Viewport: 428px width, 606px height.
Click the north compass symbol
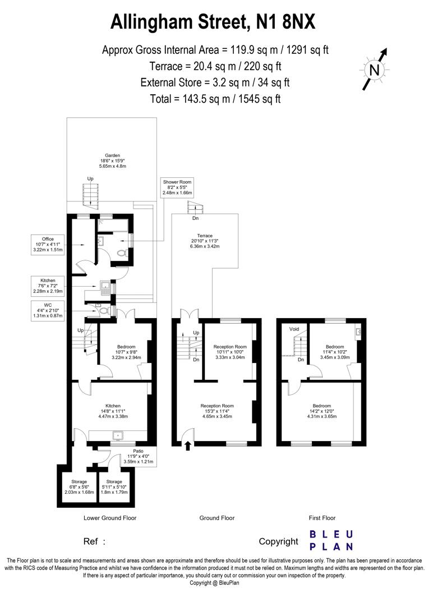(x=375, y=70)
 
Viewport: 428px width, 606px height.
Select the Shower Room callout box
(x=177, y=187)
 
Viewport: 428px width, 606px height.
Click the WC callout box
(x=47, y=311)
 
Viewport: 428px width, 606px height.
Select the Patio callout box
(x=140, y=456)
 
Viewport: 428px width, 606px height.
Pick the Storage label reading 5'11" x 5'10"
(x=114, y=487)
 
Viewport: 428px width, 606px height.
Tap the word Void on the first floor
(x=293, y=329)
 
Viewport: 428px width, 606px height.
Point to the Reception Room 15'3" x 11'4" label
(x=217, y=411)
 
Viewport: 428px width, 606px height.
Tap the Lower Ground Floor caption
(x=110, y=518)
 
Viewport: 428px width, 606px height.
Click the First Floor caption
(x=323, y=518)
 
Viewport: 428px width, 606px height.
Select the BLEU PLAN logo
(x=332, y=540)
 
